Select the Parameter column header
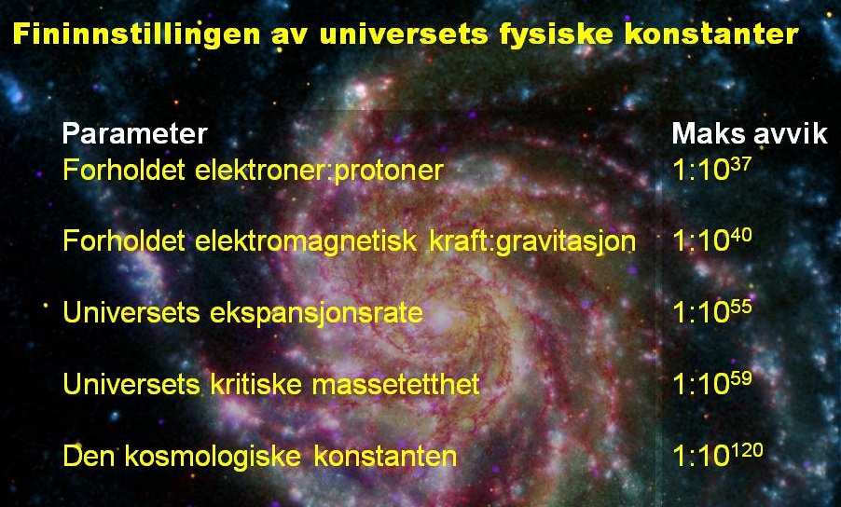(134, 134)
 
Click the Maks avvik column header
(750, 134)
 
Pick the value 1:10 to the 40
(711, 240)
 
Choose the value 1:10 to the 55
(711, 311)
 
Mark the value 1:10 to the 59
(711, 382)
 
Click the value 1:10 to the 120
(718, 456)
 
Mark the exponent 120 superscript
(747, 449)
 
